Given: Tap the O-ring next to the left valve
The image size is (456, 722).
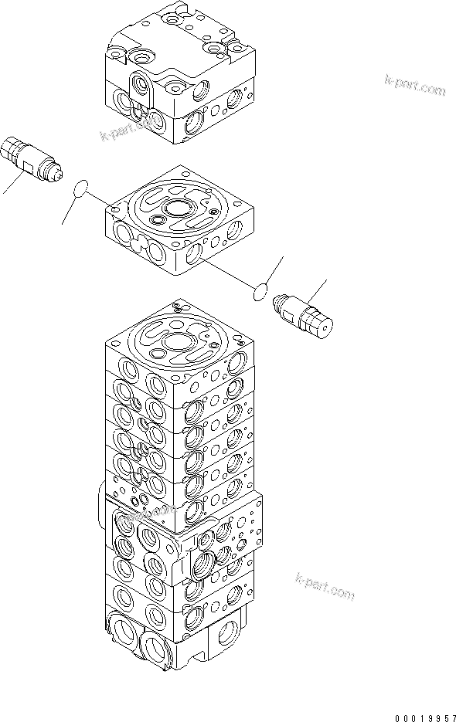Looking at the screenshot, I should (80, 190).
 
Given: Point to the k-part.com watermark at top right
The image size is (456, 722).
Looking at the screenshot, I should (414, 85).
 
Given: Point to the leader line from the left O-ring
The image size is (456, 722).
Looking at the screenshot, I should (68, 212).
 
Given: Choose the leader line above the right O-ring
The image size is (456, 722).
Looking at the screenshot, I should (274, 269).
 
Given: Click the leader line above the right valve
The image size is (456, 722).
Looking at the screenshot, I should (317, 290).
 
